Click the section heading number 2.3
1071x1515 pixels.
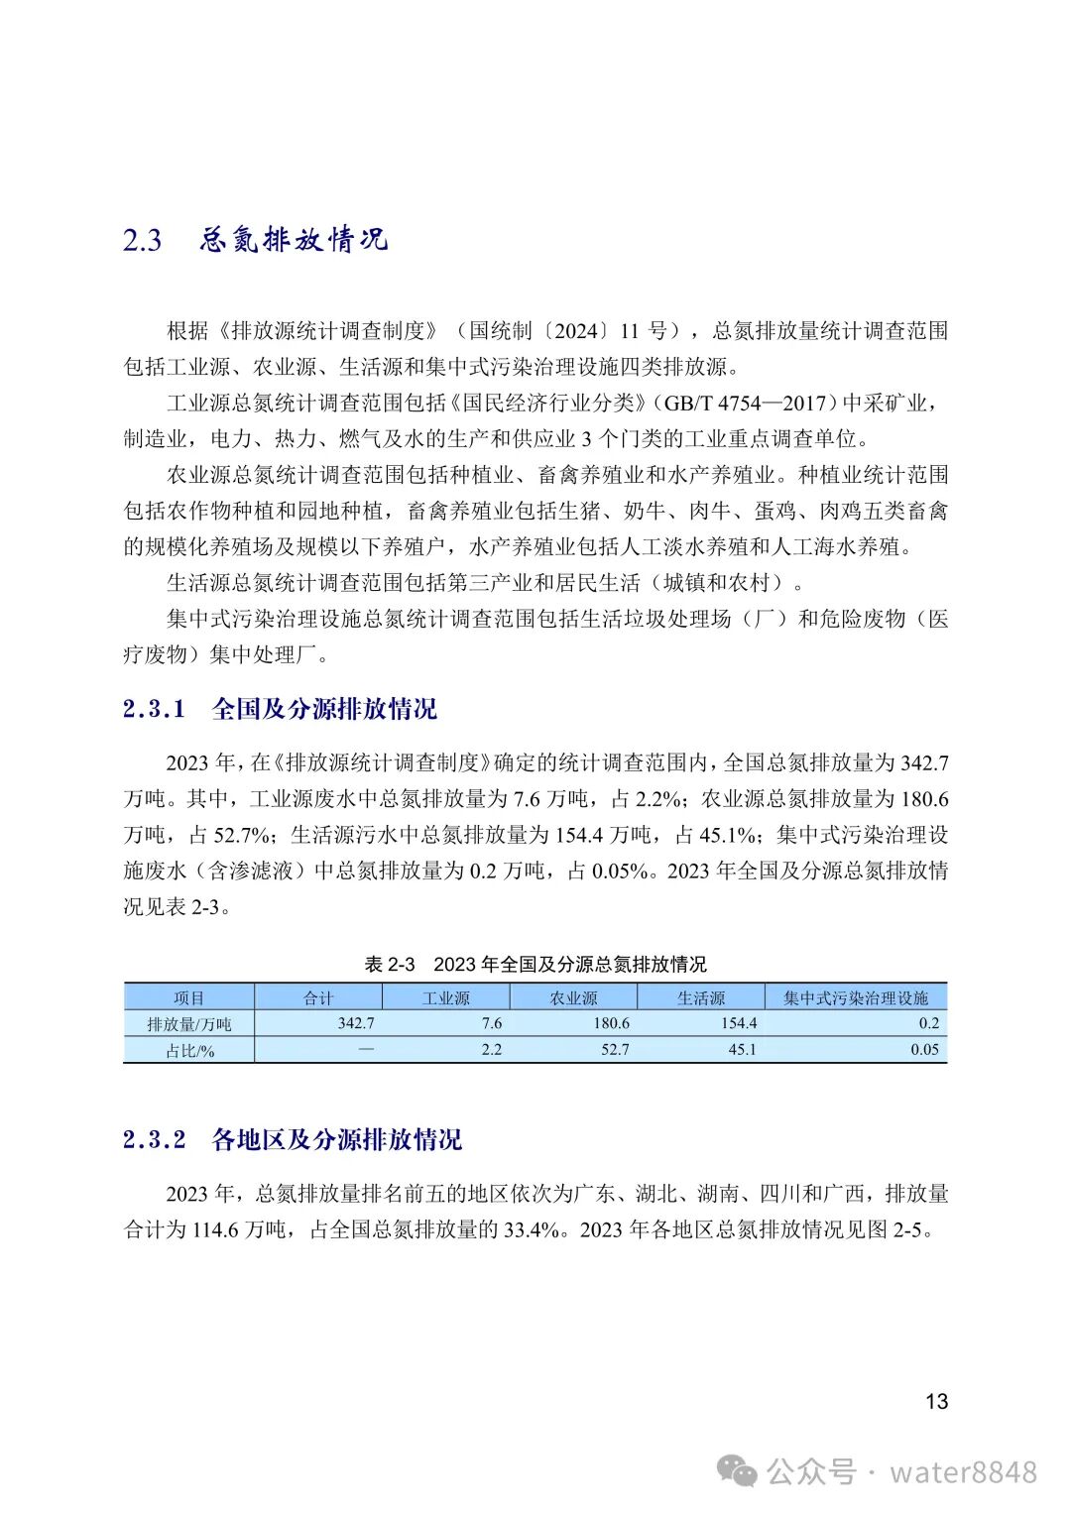[x=142, y=241]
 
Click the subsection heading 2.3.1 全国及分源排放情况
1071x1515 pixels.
[x=280, y=709]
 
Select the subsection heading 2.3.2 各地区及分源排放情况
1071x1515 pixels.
[x=293, y=1139]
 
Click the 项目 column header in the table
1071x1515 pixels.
[x=188, y=997]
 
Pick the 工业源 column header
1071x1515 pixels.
[x=445, y=997]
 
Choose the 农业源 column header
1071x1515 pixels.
[x=573, y=997]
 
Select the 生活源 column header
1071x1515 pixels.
[x=701, y=997]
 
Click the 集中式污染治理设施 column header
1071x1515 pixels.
[x=856, y=997]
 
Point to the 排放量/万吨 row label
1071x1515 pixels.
[x=188, y=1024]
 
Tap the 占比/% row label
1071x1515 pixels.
[x=188, y=1050]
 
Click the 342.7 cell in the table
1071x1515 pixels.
[x=356, y=1023]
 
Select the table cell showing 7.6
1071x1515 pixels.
[x=491, y=1023]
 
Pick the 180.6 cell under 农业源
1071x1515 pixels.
[x=611, y=1023]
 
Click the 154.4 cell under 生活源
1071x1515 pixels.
[x=739, y=1023]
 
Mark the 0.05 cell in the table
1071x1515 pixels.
[x=924, y=1049]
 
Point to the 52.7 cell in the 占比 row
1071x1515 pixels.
[x=615, y=1049]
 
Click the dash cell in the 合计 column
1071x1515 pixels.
[x=366, y=1049]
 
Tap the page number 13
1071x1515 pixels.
[x=936, y=1401]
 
